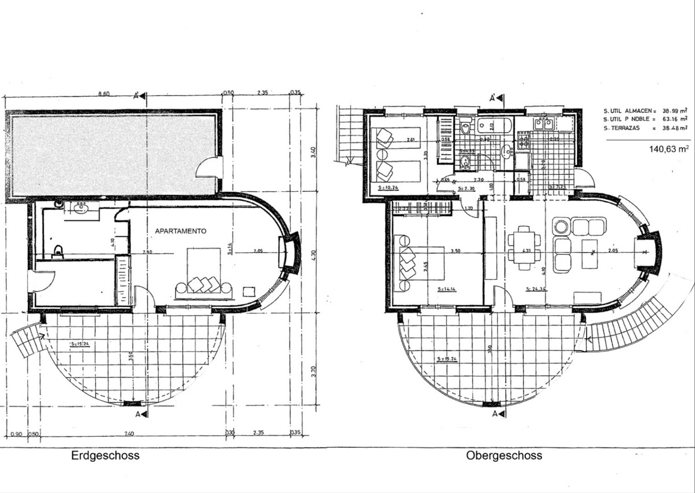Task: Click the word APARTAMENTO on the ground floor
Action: tap(181, 231)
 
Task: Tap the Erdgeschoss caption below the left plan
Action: tap(105, 455)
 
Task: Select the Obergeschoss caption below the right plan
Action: tap(504, 455)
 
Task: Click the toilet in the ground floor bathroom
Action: tap(57, 251)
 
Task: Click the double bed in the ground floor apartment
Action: tap(203, 272)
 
